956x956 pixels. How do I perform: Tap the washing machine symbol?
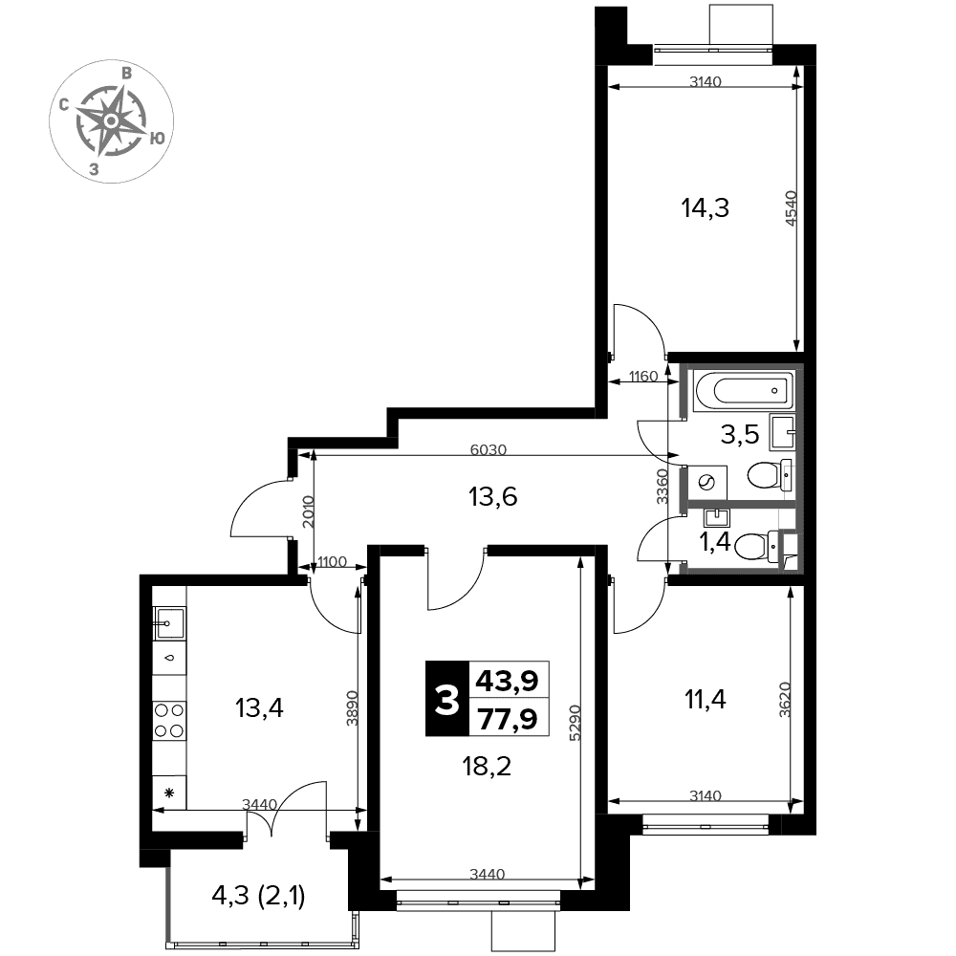707,482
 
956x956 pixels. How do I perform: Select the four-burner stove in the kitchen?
169,720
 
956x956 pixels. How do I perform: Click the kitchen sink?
169,623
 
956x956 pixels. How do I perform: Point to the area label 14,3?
705,208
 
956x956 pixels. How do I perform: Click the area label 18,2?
487,767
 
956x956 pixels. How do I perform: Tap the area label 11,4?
706,700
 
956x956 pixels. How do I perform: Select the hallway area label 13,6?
492,497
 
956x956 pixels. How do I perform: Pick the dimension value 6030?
489,449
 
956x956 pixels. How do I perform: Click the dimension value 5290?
575,723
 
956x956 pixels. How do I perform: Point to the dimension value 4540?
791,208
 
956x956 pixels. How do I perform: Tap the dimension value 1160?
643,376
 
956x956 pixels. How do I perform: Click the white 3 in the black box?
446,700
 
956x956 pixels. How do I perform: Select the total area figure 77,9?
508,719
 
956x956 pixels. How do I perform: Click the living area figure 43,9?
508,681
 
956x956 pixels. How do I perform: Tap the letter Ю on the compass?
157,139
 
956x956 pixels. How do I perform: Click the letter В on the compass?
126,74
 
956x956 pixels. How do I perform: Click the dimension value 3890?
352,708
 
